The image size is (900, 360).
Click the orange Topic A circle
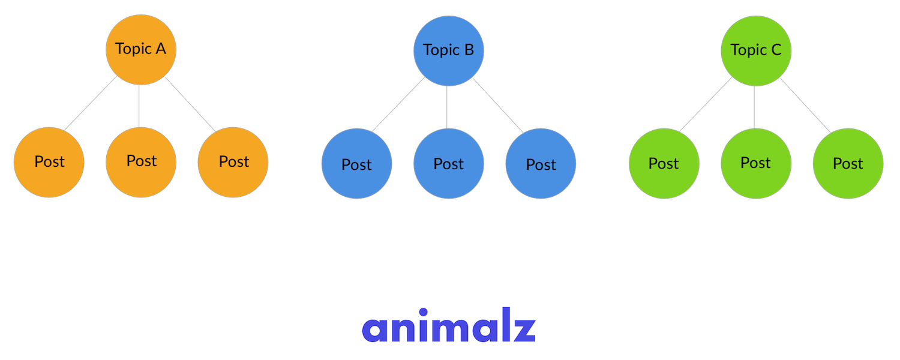[x=141, y=49]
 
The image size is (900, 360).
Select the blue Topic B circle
[x=449, y=50]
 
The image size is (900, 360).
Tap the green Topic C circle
[x=756, y=50]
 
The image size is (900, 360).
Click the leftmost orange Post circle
[x=49, y=162]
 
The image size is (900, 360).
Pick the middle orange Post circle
[x=141, y=161]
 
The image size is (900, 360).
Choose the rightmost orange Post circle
[x=233, y=162]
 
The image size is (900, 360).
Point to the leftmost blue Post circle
[x=357, y=163]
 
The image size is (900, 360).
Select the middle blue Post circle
[x=449, y=163]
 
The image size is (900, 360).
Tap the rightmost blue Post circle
[x=541, y=163]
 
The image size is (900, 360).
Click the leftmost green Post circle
[x=664, y=163]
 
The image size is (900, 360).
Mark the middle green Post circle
[x=756, y=163]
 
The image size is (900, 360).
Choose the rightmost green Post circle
[x=848, y=163]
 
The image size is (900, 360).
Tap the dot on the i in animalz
[x=423, y=312]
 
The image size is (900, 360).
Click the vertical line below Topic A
[x=139, y=106]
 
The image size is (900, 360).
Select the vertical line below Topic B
[x=447, y=107]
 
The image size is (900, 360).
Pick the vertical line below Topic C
[x=754, y=107]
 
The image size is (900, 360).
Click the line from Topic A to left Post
[x=90, y=103]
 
